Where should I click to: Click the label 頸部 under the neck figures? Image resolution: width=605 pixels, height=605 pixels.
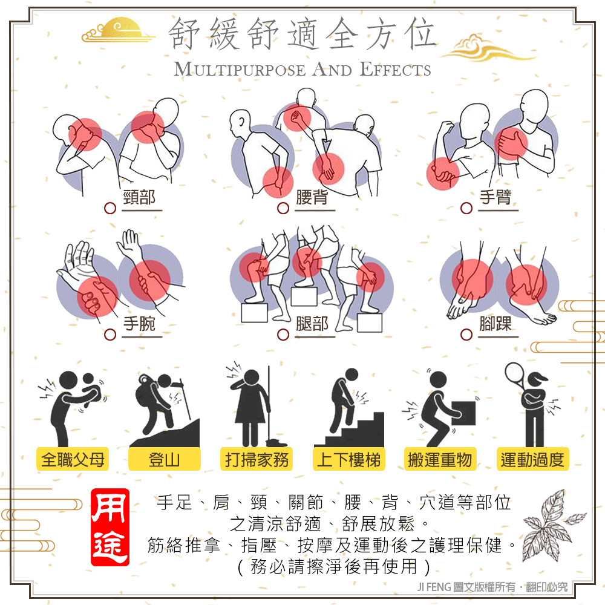139,198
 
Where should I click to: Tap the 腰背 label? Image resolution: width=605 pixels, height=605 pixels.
312,198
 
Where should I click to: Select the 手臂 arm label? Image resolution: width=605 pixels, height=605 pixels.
495,198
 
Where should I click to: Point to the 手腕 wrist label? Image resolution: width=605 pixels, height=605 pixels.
139,324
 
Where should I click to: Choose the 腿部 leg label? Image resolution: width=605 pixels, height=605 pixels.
312,324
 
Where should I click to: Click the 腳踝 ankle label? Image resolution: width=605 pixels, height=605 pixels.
495,324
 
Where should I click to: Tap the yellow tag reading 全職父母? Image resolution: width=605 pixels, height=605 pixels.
73,459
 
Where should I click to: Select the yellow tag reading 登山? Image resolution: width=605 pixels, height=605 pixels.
165,459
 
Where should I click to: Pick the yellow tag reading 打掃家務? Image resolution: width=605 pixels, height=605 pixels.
257,459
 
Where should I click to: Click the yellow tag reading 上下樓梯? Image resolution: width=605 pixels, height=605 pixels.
349,459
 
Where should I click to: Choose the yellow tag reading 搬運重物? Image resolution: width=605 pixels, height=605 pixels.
440,459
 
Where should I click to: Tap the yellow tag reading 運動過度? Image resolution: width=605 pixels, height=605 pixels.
532,459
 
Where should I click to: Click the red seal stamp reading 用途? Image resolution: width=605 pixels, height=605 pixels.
110,527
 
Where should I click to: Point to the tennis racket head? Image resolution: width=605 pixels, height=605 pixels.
514,373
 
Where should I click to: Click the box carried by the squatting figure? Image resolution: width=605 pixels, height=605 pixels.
463,413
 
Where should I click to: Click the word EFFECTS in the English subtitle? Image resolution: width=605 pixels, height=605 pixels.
396,70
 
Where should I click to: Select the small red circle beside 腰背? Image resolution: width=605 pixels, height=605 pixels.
283,208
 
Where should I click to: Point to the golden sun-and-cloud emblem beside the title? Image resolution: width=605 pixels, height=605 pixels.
118,30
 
